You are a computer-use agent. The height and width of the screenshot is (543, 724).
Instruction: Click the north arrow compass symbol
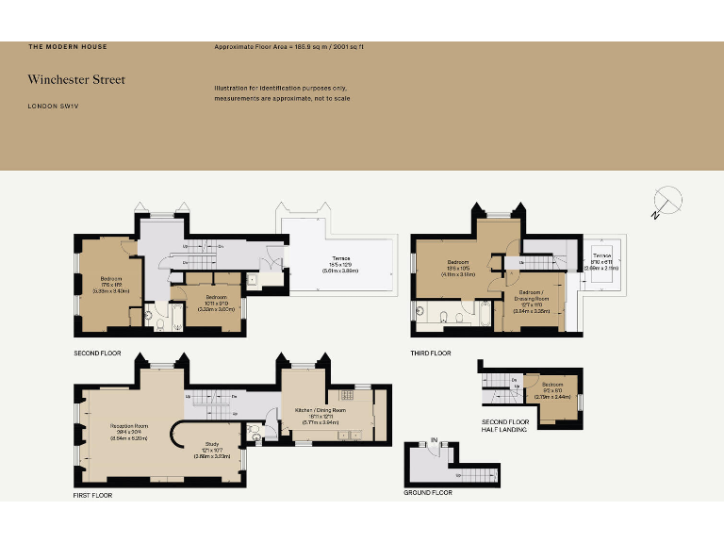[x=666, y=202]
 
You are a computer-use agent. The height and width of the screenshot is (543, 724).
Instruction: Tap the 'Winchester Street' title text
[x=75, y=80]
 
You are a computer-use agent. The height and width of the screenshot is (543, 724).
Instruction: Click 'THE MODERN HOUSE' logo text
[x=62, y=46]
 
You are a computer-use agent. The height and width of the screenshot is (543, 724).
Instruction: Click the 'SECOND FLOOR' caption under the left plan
[x=99, y=354]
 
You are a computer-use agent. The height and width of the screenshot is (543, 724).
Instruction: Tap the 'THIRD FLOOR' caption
[x=430, y=354]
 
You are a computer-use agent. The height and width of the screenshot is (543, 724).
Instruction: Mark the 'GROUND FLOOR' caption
[x=428, y=492]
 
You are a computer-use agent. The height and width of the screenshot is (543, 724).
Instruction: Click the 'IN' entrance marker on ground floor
[x=435, y=440]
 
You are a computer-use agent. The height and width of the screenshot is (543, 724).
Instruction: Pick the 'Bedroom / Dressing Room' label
[x=530, y=295]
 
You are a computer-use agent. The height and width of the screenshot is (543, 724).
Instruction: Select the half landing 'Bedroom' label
[x=552, y=385]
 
